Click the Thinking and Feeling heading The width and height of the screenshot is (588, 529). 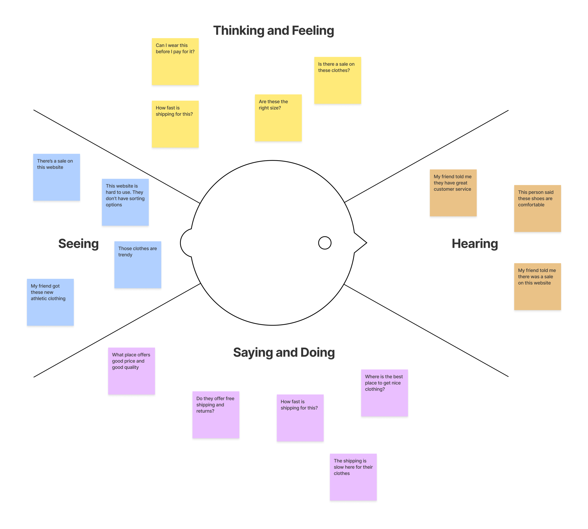[273, 31]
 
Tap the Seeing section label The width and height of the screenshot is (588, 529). [78, 244]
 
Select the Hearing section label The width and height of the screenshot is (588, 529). [475, 244]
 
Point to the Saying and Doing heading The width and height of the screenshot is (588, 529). [284, 352]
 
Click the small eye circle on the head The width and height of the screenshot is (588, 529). [325, 243]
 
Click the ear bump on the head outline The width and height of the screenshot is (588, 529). [185, 243]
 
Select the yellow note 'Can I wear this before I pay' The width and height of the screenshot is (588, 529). [175, 62]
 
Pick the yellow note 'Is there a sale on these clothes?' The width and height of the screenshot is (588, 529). [338, 80]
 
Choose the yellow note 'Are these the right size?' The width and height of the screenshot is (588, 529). [278, 118]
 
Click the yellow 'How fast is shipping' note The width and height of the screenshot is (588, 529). [175, 124]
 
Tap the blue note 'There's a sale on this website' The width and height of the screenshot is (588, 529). [56, 177]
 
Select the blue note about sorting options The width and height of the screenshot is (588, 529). [125, 202]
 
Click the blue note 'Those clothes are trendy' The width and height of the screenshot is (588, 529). [138, 264]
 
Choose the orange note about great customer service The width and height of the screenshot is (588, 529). [453, 193]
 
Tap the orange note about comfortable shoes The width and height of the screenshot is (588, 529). [537, 208]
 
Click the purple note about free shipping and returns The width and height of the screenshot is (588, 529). [216, 414]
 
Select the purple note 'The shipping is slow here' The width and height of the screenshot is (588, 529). [353, 477]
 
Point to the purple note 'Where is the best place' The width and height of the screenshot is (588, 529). [384, 393]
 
